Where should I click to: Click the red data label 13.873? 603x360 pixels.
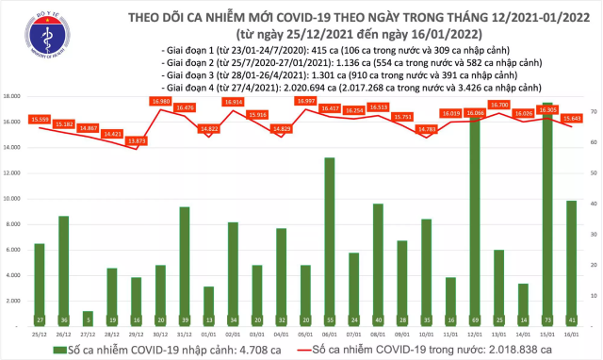pos(136,140)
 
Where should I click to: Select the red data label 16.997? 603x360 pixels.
pos(305,101)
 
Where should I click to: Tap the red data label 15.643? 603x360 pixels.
pos(571,118)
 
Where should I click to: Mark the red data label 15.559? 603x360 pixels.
pos(40,118)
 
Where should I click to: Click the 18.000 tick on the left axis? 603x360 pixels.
pos(14,96)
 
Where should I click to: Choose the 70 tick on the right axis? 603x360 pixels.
pos(592,112)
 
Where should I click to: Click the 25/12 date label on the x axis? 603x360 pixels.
pos(39,334)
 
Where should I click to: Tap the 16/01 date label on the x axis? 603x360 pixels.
pos(571,334)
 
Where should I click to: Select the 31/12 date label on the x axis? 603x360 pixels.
pos(184,334)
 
